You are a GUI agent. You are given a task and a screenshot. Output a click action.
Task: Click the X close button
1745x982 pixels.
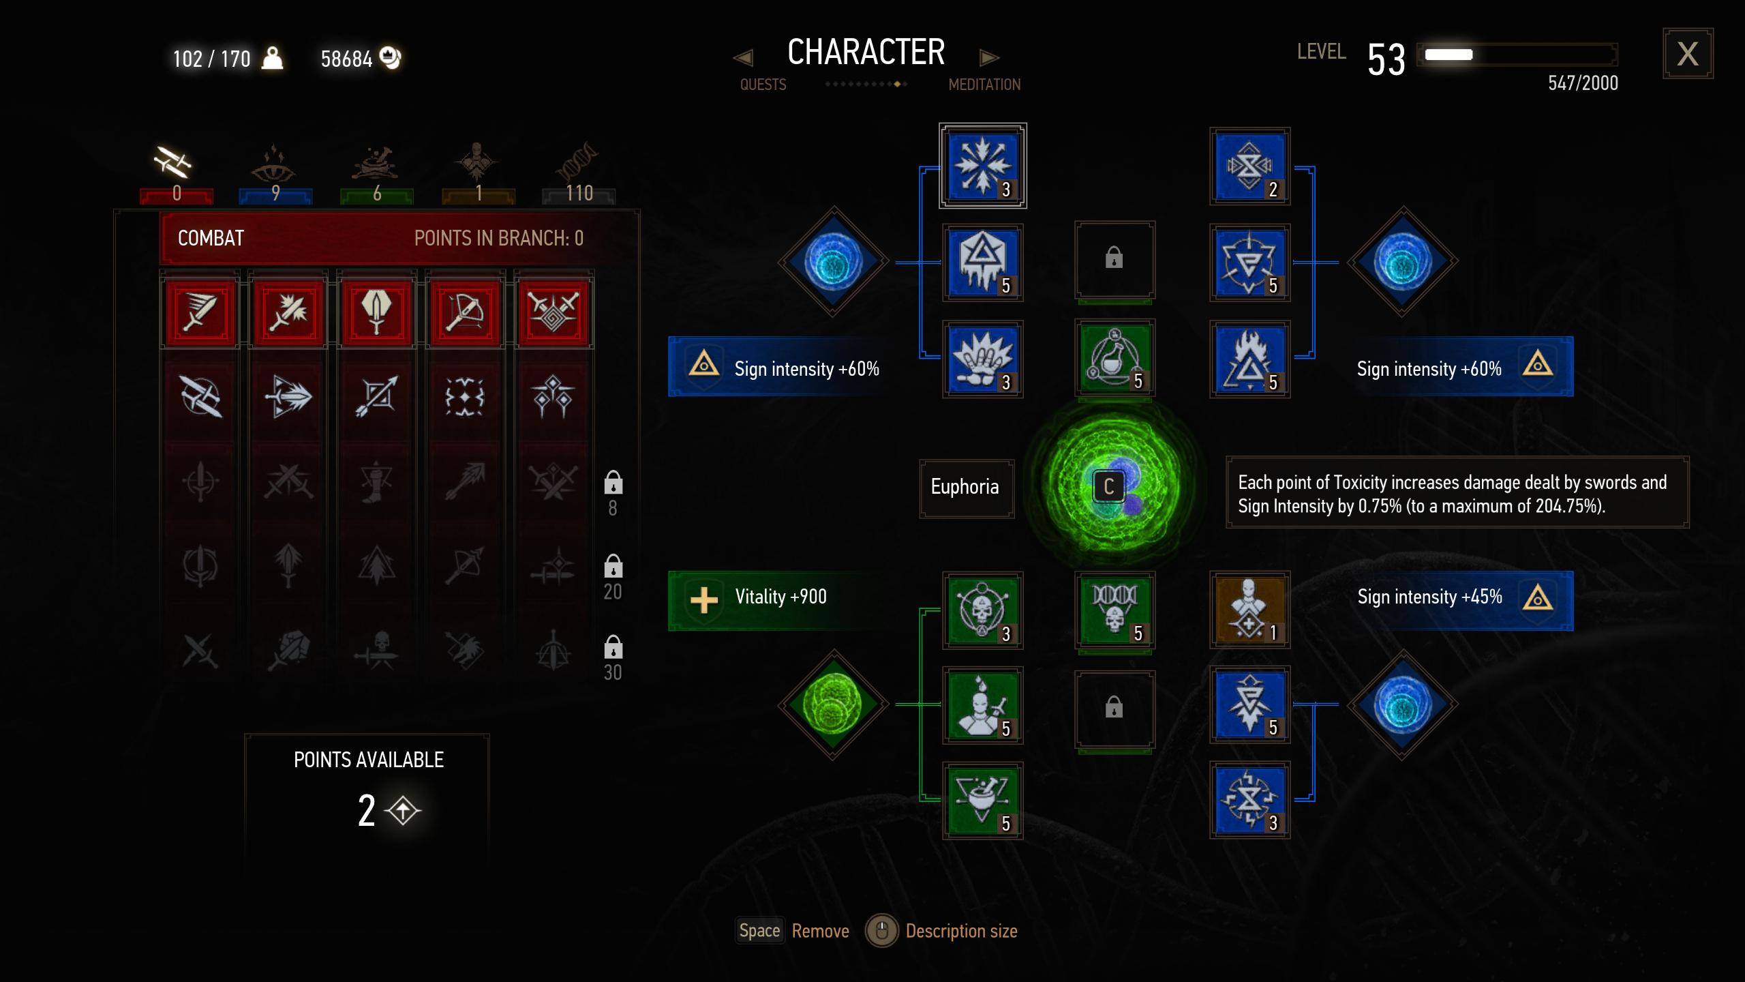click(1687, 54)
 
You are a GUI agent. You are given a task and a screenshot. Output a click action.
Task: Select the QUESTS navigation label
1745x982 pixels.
click(763, 85)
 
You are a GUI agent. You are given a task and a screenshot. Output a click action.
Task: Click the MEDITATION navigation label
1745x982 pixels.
click(984, 85)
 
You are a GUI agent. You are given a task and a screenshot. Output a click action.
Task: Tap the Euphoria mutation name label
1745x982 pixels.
click(965, 487)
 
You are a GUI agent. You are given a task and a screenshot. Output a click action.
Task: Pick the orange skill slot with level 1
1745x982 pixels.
click(1249, 610)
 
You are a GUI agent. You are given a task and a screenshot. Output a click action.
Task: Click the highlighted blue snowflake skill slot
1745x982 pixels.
click(982, 166)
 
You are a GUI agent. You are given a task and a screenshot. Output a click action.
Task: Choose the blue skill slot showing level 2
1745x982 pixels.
click(1249, 166)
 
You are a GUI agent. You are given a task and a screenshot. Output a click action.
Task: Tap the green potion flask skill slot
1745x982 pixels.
click(1114, 357)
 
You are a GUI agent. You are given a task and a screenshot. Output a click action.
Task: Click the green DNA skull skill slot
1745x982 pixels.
click(1114, 610)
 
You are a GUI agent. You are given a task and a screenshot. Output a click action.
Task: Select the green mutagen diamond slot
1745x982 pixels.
click(833, 704)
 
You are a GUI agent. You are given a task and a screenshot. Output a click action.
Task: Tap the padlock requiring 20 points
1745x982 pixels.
click(613, 565)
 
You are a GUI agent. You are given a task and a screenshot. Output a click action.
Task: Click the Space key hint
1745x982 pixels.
click(759, 931)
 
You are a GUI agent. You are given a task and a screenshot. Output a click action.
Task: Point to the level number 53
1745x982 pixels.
click(1386, 59)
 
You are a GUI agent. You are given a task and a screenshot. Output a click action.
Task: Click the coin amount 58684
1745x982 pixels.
click(346, 59)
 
